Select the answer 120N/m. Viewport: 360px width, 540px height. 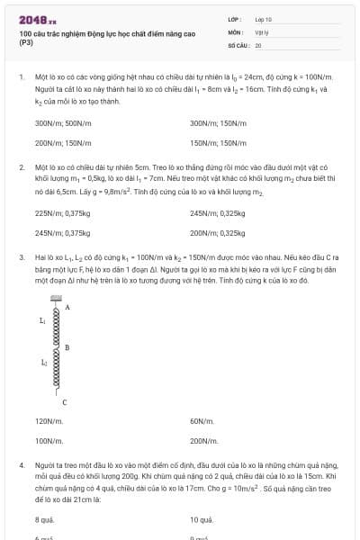49,421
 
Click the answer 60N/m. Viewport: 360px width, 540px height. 202,421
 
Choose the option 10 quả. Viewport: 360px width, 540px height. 202,520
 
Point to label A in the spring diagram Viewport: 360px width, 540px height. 68,308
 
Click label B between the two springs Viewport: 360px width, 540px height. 67,347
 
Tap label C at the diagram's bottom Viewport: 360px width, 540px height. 64,401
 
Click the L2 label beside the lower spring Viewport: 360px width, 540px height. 43,363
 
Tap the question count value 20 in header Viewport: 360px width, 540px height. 258,44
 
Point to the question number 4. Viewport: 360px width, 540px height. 21,465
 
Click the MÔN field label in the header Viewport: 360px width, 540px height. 235,31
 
